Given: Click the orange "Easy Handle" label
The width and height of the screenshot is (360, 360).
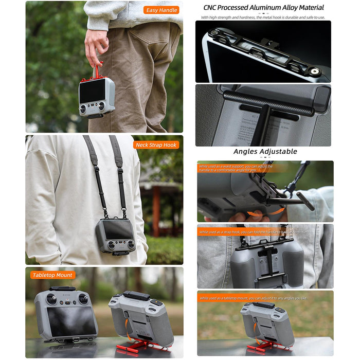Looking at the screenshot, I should click(161, 10).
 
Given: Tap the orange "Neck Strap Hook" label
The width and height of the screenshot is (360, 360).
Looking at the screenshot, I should click(156, 145).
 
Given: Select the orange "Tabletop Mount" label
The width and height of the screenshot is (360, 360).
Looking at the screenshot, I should click(52, 275).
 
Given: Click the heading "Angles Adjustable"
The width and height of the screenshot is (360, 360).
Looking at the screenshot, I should click(265, 151).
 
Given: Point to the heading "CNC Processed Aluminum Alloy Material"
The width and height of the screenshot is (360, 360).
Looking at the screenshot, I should click(263, 8).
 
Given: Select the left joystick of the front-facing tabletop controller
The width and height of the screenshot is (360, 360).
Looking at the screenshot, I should click(51, 299).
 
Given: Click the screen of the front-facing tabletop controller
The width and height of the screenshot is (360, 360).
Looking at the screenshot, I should click(71, 321).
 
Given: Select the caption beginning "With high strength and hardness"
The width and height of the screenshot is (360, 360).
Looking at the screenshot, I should click(263, 18).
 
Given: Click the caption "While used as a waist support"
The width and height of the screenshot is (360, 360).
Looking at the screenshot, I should click(237, 168).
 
